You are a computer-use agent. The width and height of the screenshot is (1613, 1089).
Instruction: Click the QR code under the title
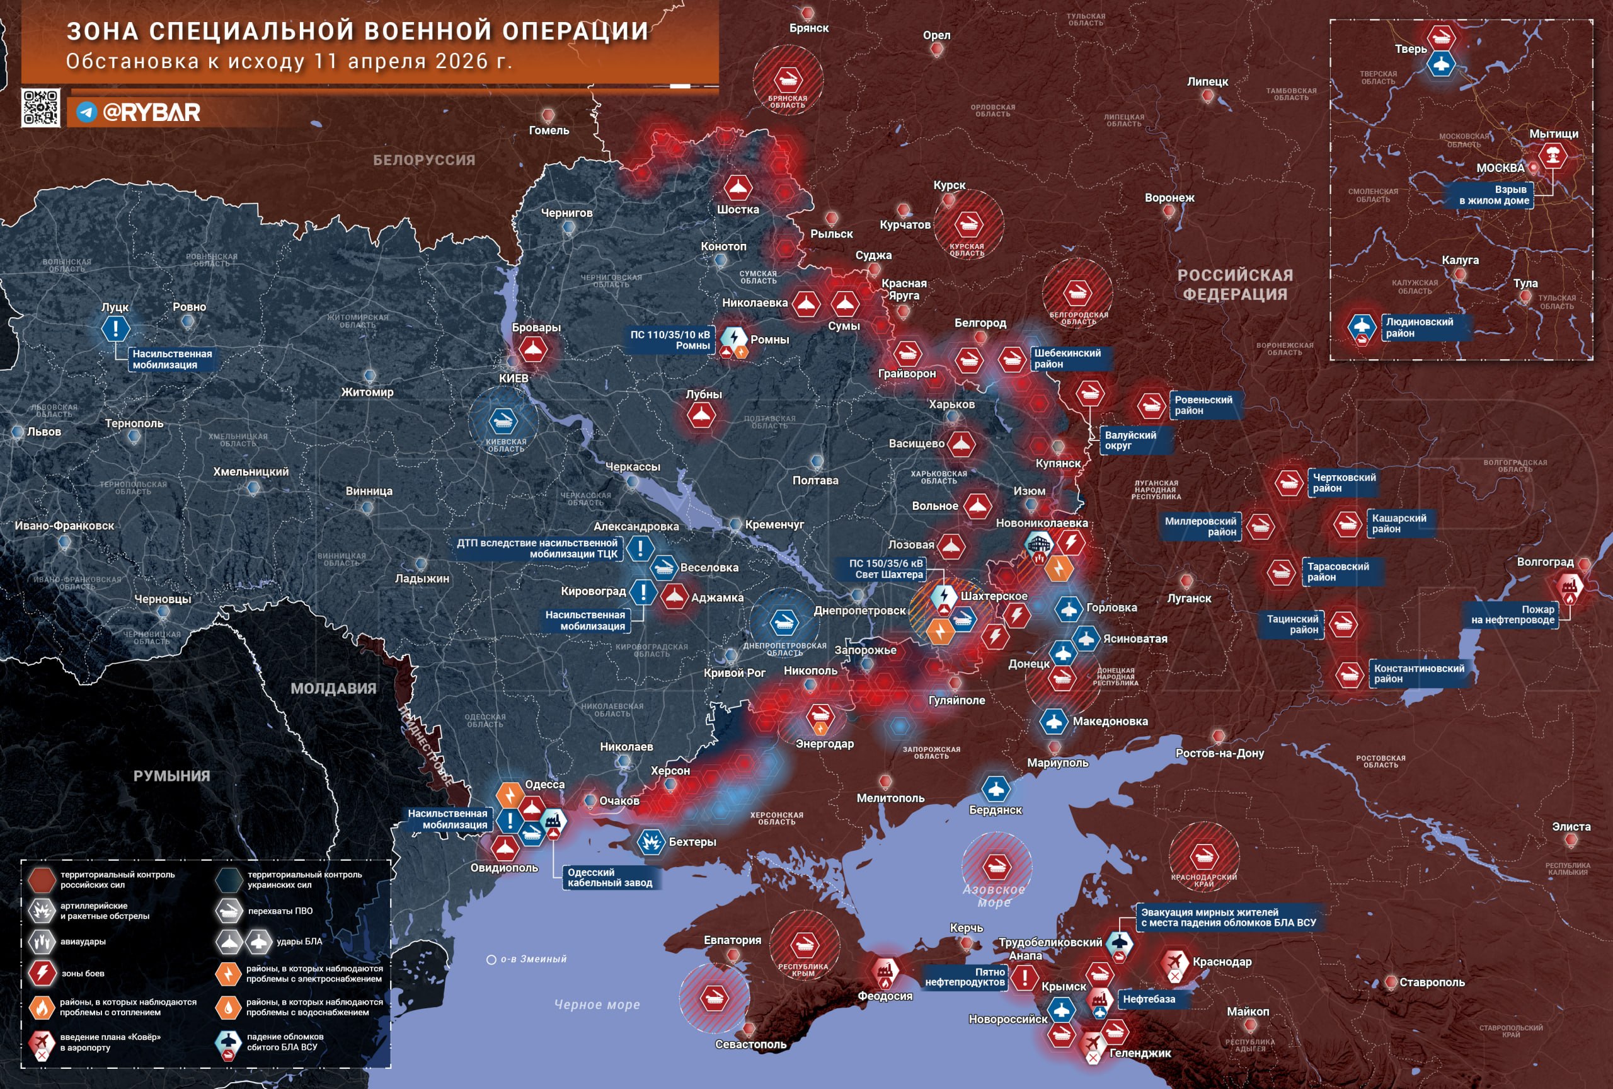pos(40,108)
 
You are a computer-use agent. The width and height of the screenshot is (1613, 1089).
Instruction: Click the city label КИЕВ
pos(514,378)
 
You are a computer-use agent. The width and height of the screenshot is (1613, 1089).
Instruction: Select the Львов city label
pos(43,432)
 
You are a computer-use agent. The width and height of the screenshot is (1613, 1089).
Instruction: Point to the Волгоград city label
pos(1545,562)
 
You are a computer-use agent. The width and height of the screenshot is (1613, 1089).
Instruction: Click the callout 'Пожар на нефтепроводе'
pos(1513,615)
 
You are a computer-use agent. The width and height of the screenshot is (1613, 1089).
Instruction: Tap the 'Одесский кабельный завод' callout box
pos(609,878)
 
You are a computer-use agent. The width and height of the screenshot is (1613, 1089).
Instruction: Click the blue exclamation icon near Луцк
pos(115,328)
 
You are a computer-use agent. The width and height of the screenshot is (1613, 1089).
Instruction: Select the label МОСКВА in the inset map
pos(1500,168)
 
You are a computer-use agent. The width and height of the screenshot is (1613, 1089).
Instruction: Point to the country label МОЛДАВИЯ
pos(333,689)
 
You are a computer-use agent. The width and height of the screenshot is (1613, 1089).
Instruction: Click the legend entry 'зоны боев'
pos(83,973)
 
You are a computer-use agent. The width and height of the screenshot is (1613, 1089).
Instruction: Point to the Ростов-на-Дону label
pos(1219,753)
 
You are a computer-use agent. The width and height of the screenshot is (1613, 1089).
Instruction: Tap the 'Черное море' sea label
pos(597,1005)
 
